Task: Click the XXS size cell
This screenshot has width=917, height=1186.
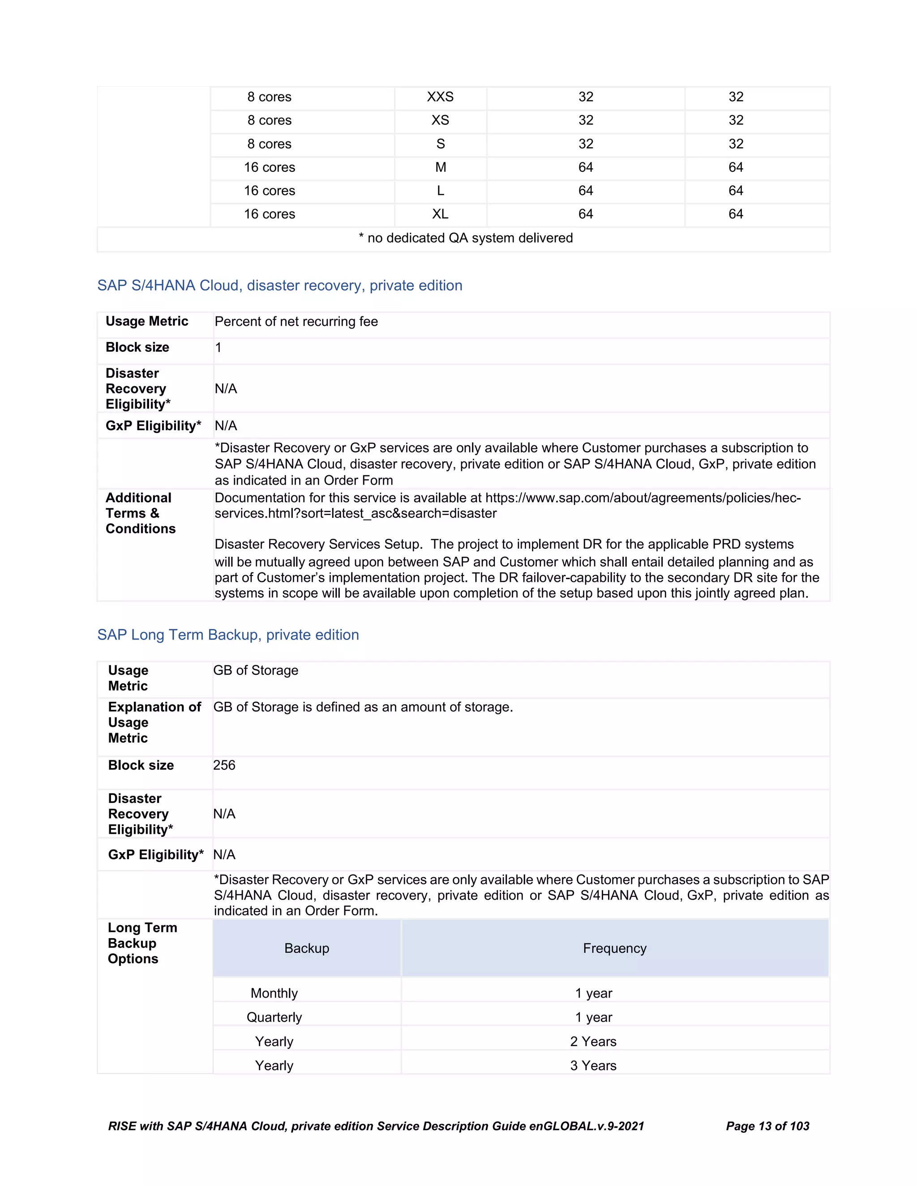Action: [440, 97]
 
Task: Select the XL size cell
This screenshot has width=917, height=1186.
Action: [440, 214]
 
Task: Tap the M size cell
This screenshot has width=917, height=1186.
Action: [440, 168]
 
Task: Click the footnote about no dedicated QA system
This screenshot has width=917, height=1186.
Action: [466, 239]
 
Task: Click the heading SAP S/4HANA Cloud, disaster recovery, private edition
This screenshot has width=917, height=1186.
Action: [280, 286]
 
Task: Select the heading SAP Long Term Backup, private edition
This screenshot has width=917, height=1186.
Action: [228, 635]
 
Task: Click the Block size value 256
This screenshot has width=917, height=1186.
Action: [224, 766]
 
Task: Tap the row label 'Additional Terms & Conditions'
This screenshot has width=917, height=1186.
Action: [140, 514]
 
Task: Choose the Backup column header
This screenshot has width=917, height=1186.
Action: [306, 949]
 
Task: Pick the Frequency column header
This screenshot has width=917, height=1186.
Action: [614, 949]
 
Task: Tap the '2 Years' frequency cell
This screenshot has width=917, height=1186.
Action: [593, 1041]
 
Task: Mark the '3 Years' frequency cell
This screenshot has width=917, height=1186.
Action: [593, 1066]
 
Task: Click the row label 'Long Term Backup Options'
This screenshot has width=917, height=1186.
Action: [142, 944]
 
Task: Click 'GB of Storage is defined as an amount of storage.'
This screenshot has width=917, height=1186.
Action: [363, 708]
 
